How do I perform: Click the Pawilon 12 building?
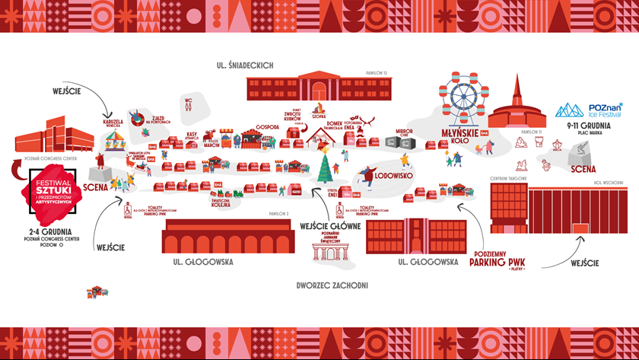[x=318, y=87]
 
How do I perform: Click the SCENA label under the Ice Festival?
[x=584, y=169]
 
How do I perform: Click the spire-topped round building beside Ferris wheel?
[x=517, y=104]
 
